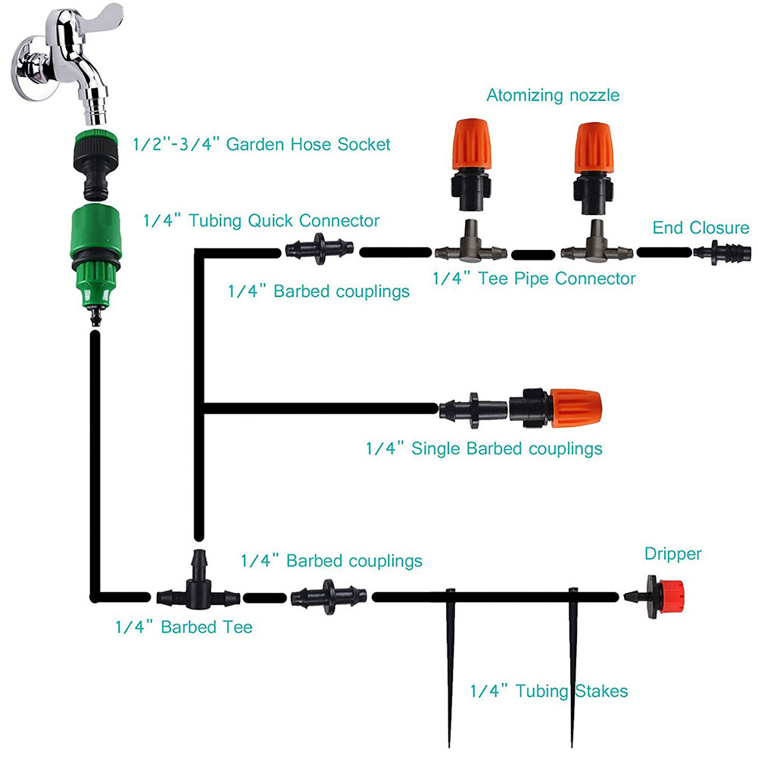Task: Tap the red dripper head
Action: point(671,597)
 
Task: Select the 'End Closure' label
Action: point(700,228)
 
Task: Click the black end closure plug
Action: point(722,252)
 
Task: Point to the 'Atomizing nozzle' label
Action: point(553,95)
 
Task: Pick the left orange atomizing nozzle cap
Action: point(472,144)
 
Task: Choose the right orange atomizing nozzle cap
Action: point(594,148)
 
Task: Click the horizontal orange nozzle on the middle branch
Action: point(576,408)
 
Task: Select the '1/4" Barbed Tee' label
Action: point(184,627)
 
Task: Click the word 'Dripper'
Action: point(672,554)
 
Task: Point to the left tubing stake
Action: point(450,667)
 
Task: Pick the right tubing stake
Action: point(572,667)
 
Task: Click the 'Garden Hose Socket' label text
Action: point(308,144)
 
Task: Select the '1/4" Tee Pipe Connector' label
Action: point(534,279)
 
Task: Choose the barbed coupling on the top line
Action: point(320,249)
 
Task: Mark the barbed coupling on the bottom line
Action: point(329,597)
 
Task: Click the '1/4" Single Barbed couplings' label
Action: point(484,448)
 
